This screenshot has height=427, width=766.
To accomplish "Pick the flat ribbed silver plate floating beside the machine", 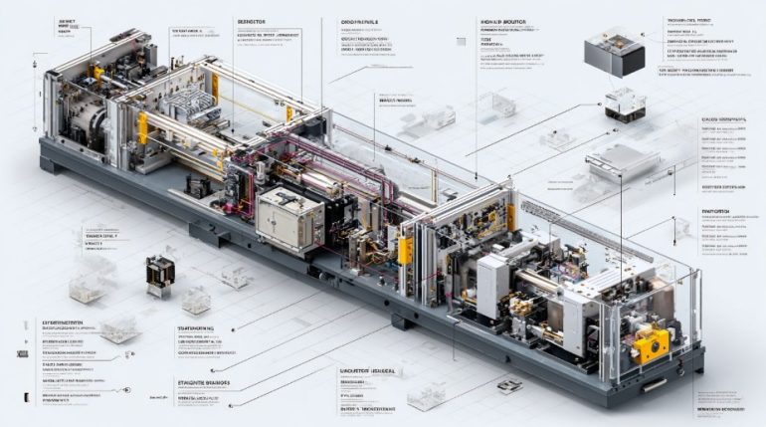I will [x=624, y=163].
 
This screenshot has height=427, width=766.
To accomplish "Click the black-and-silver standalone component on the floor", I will [x=159, y=273].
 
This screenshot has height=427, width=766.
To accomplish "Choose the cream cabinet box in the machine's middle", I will [x=288, y=215].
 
